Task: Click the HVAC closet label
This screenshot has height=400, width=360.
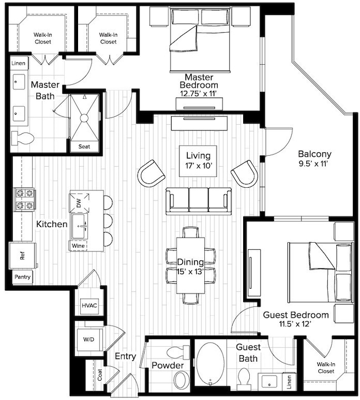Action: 89,305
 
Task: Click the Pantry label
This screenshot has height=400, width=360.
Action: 22,276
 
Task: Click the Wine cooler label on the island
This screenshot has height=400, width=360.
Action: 78,245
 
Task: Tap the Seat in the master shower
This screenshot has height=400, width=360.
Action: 84,147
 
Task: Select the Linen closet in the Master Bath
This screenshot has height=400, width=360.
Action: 17,64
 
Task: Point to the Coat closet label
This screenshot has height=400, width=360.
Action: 100,375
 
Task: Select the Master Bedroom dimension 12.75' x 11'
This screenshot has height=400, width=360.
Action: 198,94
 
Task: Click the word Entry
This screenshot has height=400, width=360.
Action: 125,357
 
